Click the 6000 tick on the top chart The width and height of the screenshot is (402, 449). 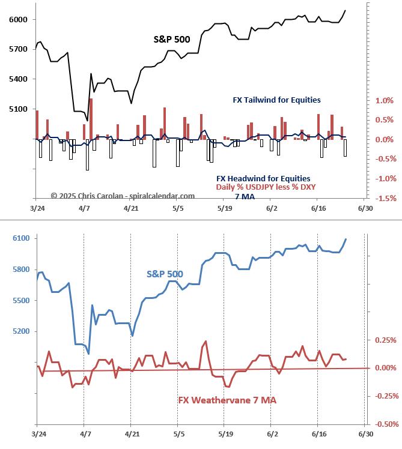(17, 19)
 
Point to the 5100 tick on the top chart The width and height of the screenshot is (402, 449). (17, 109)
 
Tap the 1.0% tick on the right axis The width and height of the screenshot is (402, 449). (385, 101)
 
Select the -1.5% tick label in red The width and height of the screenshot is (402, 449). (384, 198)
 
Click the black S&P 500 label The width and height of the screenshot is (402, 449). (172, 40)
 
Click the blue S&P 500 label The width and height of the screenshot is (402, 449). (165, 274)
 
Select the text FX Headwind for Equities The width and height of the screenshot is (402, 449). (263, 178)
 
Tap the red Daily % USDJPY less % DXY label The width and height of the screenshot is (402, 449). (266, 187)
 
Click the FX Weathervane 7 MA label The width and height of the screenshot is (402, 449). (227, 400)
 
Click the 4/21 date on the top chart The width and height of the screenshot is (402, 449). (131, 208)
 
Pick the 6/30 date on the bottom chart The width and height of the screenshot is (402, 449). (365, 433)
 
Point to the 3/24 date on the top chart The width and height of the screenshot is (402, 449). (37, 208)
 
